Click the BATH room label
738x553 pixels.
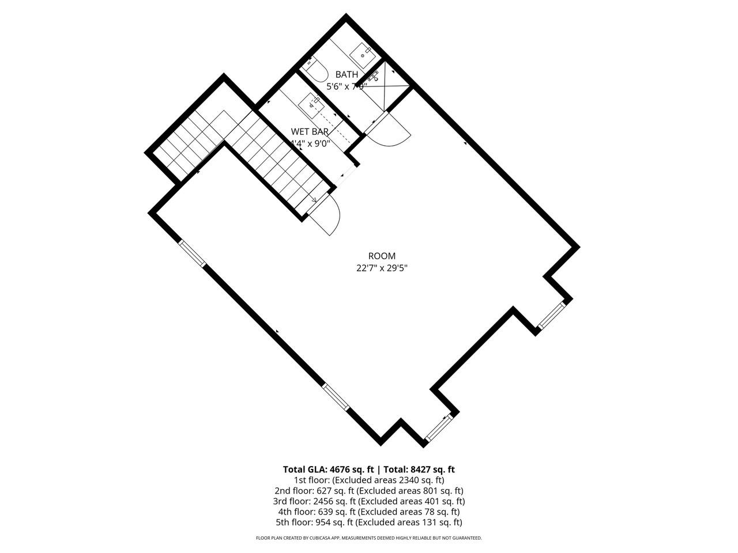click(x=347, y=74)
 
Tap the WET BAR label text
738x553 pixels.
click(x=310, y=131)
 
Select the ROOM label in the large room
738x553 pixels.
click(x=382, y=256)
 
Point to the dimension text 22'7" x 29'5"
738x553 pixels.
click(x=382, y=268)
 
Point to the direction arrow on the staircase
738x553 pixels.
click(x=312, y=199)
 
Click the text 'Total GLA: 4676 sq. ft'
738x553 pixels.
click(x=328, y=469)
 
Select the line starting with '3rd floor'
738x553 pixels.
click(x=369, y=501)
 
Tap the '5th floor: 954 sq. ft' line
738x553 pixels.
click(x=369, y=522)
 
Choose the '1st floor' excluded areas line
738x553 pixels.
click(x=369, y=480)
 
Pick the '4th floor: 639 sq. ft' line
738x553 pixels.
click(x=369, y=512)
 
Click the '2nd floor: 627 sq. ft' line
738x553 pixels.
click(x=369, y=491)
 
